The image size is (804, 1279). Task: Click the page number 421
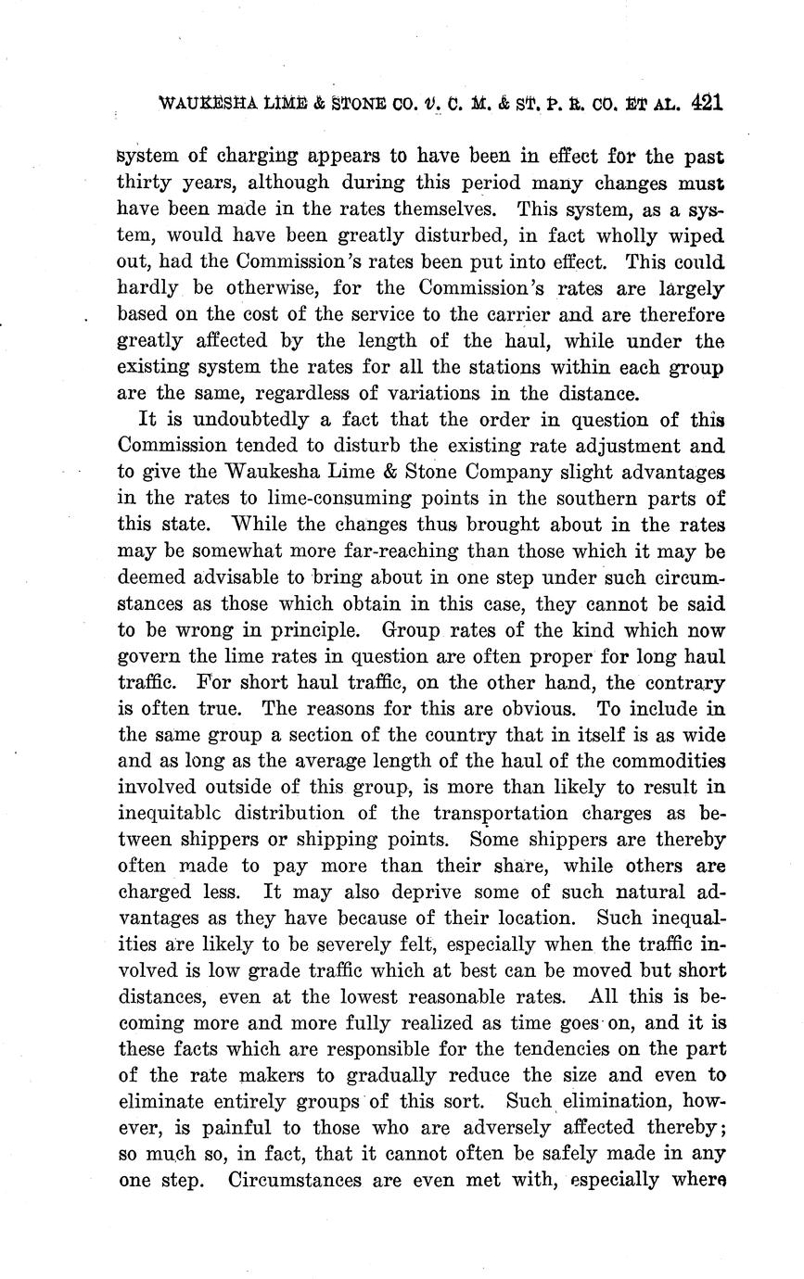(706, 103)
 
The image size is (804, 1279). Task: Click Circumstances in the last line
(304, 1181)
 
